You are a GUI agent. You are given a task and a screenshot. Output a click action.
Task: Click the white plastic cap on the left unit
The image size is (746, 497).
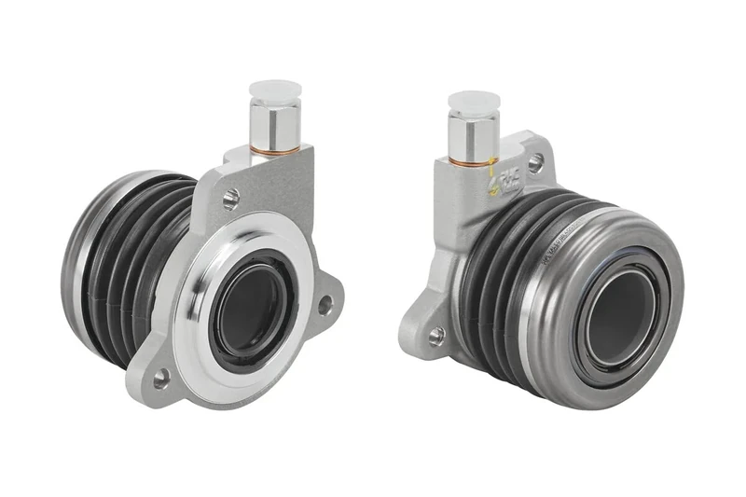(x=276, y=91)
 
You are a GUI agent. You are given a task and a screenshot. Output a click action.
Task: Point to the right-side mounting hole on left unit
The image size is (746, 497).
(x=325, y=304)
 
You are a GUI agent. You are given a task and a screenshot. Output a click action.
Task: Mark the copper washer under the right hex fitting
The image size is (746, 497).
(x=472, y=160)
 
